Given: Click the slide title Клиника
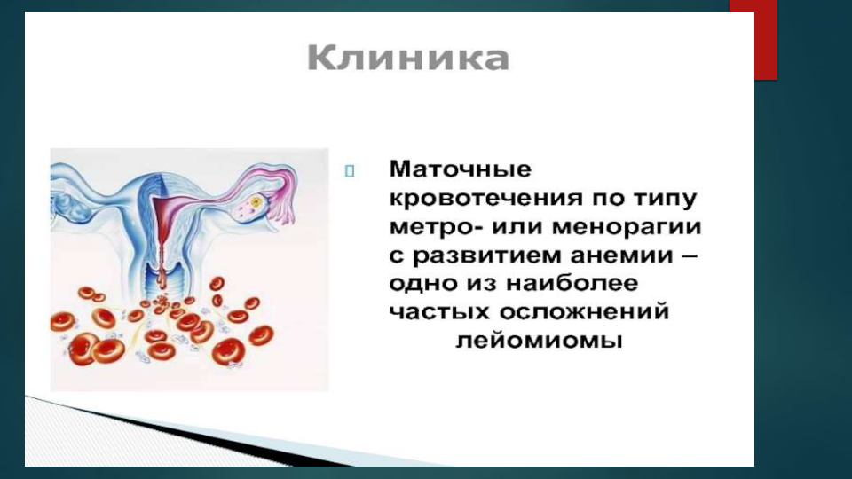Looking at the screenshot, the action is point(408,59).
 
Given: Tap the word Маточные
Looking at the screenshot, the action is point(461,169).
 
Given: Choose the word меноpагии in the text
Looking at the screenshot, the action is point(627,226).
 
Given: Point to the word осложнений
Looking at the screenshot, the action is point(584,312).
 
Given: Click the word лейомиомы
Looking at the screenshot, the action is point(539,341).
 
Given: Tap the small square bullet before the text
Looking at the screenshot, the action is point(350,171).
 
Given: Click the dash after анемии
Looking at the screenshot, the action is point(689,255).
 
